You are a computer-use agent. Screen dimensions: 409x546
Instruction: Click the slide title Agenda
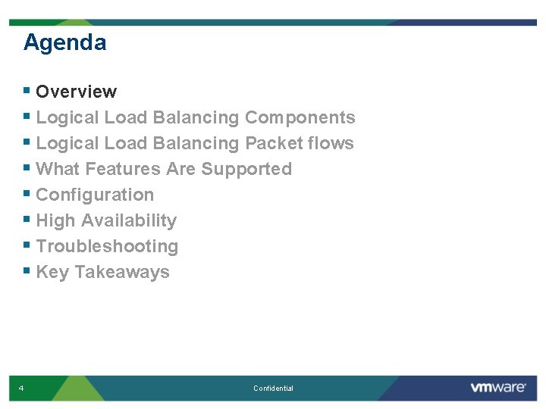pyautogui.click(x=64, y=42)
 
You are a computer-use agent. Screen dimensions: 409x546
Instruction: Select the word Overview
pyautogui.click(x=76, y=92)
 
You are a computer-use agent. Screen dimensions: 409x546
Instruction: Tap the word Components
pyautogui.click(x=300, y=117)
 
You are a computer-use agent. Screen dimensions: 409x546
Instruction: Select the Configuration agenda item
pyautogui.click(x=95, y=195)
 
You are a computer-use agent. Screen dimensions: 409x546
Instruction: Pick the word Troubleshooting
pyautogui.click(x=107, y=246)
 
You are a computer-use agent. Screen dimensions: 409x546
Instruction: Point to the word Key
pyautogui.click(x=52, y=272)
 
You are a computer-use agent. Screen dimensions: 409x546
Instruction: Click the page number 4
pyautogui.click(x=21, y=389)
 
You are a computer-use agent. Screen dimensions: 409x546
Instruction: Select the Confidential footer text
pyautogui.click(x=273, y=389)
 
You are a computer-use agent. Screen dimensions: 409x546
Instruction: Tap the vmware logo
pyautogui.click(x=497, y=388)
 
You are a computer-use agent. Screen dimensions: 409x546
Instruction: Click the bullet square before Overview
pyautogui.click(x=27, y=91)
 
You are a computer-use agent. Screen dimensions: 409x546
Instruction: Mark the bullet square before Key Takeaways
pyautogui.click(x=27, y=271)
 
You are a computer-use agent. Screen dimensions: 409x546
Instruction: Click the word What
pyautogui.click(x=58, y=169)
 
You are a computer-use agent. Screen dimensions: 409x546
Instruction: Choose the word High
pyautogui.click(x=55, y=220)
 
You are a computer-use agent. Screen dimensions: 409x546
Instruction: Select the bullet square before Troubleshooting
pyautogui.click(x=27, y=245)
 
